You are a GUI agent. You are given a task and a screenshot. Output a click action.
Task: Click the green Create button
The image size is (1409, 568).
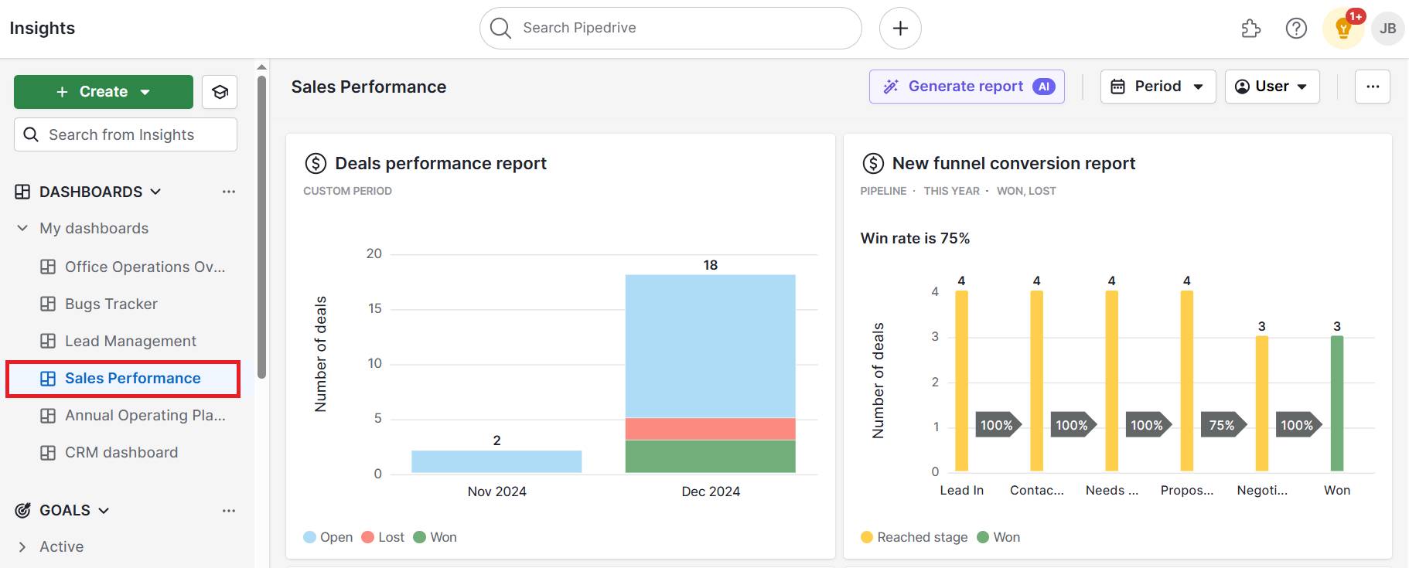[103, 92]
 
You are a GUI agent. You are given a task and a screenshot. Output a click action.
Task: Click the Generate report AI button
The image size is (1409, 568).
[966, 87]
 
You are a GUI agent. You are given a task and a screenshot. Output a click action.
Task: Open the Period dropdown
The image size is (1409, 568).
[1158, 87]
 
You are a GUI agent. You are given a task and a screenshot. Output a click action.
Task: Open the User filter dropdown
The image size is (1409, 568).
[1271, 87]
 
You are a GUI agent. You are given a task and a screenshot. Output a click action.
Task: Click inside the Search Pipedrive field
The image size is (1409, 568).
[670, 28]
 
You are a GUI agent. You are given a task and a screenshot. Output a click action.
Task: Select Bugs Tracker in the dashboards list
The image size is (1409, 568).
[111, 304]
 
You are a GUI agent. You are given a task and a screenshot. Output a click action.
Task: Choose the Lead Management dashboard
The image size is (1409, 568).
[130, 341]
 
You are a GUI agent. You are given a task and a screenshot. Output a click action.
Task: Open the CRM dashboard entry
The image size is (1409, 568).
[121, 452]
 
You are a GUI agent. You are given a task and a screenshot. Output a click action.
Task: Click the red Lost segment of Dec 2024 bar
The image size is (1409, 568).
[710, 429]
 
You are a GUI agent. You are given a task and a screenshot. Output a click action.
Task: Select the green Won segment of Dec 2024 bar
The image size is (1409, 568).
[710, 456]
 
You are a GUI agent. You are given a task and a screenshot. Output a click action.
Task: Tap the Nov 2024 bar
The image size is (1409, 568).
[496, 461]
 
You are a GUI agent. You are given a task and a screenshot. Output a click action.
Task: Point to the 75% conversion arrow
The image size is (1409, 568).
[1222, 425]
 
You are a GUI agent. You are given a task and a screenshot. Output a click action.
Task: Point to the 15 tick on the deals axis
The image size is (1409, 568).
[374, 308]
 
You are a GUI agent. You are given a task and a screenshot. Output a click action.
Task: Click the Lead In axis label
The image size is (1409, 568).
[961, 490]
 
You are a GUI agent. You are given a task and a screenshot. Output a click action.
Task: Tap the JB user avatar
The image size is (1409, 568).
[1387, 29]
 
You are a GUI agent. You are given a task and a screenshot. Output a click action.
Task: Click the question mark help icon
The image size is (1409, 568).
[1296, 29]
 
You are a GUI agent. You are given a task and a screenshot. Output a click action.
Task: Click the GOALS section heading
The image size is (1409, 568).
[65, 510]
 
